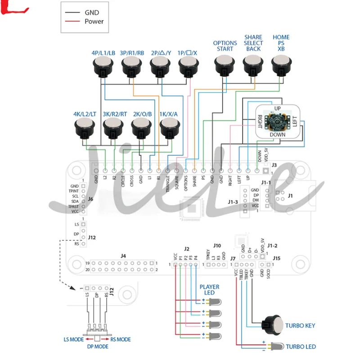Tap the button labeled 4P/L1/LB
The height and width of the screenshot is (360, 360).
(103, 67)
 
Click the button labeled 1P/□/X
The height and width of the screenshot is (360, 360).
(188, 67)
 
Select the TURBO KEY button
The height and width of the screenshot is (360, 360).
(274, 325)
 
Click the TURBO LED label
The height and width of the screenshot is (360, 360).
(301, 346)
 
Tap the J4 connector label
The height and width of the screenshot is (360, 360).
(123, 256)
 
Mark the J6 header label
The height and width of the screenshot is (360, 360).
(90, 199)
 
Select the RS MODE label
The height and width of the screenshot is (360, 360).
(120, 339)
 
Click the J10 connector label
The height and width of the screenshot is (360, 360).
(217, 246)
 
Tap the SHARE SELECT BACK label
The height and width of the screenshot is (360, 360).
(253, 43)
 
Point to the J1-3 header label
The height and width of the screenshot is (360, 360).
(233, 202)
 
